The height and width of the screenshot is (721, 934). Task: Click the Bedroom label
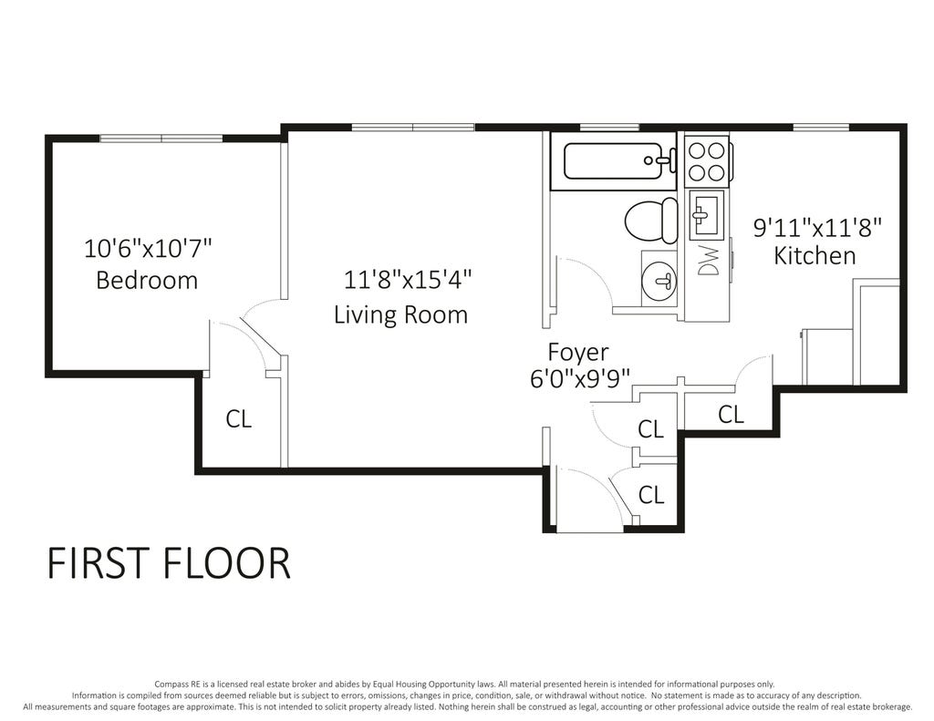[x=147, y=280]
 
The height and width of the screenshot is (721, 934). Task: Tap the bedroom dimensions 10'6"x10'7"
[x=149, y=248]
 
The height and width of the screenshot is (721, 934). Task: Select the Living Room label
[x=401, y=314]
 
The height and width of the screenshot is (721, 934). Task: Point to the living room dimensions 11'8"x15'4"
[x=408, y=279]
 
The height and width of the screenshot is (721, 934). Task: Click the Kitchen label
[x=815, y=255]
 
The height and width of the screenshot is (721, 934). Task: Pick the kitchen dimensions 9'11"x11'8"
[x=817, y=228]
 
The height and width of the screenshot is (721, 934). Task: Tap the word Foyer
[x=577, y=353]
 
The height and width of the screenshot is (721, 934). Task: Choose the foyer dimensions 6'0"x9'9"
[x=580, y=378]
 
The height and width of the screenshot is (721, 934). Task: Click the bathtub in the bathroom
[x=614, y=160]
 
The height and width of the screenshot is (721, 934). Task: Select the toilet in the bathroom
[x=650, y=221]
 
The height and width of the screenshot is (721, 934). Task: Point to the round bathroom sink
[x=660, y=281]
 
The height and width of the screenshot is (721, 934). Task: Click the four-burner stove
[x=707, y=160]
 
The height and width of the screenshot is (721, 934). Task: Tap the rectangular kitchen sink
[x=707, y=212]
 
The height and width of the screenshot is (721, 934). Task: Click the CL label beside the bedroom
[x=238, y=419]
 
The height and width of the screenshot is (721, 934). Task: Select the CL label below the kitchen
[x=731, y=414]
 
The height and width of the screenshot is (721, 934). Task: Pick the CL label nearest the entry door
[x=651, y=494]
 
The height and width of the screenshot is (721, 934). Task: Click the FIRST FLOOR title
[x=169, y=563]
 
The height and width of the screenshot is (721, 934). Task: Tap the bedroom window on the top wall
[x=161, y=139]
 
